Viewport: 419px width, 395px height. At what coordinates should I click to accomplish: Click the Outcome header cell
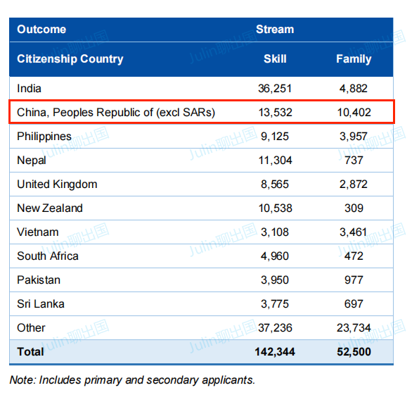(x=41, y=30)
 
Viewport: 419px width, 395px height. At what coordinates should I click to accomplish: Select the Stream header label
(x=275, y=30)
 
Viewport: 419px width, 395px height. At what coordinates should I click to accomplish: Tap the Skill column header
(x=275, y=59)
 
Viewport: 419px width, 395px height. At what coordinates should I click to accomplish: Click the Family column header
(x=354, y=59)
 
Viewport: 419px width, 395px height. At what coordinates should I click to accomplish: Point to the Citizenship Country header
(x=70, y=59)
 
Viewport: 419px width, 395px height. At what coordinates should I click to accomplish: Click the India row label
(x=29, y=89)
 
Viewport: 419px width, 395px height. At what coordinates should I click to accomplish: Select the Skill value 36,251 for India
(x=275, y=89)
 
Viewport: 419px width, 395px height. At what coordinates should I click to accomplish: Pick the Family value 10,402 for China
(x=354, y=113)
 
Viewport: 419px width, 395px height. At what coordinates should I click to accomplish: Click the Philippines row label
(x=44, y=137)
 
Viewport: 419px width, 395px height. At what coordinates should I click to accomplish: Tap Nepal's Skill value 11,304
(x=276, y=161)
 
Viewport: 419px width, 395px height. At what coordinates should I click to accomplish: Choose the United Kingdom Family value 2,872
(x=354, y=184)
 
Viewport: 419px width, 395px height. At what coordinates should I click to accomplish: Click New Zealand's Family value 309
(x=354, y=208)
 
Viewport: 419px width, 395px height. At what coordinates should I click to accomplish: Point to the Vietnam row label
(x=38, y=232)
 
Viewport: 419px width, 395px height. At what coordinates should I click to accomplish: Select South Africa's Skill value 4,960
(x=275, y=256)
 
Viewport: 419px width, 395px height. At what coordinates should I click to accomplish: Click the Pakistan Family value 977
(x=354, y=280)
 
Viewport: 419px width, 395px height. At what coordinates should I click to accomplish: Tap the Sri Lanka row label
(x=41, y=304)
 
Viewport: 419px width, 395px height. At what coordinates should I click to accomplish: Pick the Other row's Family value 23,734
(x=354, y=328)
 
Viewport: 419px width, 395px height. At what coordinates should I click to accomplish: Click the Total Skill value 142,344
(x=275, y=352)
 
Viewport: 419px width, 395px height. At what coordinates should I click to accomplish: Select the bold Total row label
(x=30, y=352)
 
